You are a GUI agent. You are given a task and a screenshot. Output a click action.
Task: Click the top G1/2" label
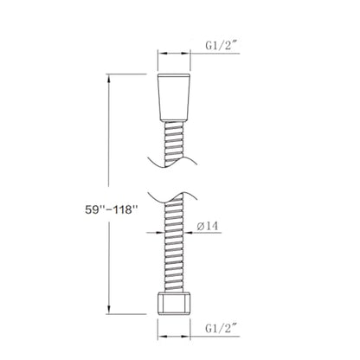pos(222,46)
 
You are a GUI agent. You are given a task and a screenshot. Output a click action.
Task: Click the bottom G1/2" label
pos(222,328)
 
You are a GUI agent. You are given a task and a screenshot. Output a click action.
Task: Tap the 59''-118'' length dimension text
pos(110,209)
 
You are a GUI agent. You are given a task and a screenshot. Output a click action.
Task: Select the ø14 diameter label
pos(208,226)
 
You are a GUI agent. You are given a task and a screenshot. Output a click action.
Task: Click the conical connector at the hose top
pos(174,98)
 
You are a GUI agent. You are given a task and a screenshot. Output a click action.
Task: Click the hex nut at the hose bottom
pos(174,303)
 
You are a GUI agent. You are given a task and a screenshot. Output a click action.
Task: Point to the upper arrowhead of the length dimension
pos(108,78)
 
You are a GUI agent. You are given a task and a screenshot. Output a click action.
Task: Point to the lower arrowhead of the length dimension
pos(108,310)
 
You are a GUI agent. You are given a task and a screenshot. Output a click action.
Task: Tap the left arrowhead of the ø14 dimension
pos(160,232)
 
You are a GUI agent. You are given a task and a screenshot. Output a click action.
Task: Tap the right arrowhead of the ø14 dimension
pos(188,232)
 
